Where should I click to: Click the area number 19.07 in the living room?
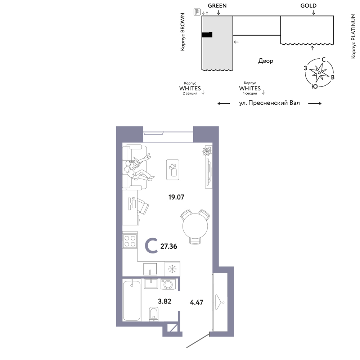point(176,197)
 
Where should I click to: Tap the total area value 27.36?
point(169,246)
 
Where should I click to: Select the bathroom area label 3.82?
point(165,301)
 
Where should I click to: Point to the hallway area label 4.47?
point(197,302)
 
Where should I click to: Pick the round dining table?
point(195,226)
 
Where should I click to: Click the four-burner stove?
point(130,241)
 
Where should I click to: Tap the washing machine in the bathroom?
point(168,284)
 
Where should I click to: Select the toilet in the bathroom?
point(154,314)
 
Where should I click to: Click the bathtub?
point(131,300)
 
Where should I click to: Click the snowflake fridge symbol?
point(172,269)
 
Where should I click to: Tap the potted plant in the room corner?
point(207,150)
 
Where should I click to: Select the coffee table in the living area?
point(173,170)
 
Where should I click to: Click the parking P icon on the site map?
point(197,12)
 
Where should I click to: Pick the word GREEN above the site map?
point(217,5)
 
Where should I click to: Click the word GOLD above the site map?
point(309,5)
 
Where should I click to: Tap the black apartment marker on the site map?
point(207,35)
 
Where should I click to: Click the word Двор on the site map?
point(266,61)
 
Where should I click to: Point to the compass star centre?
point(319,73)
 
